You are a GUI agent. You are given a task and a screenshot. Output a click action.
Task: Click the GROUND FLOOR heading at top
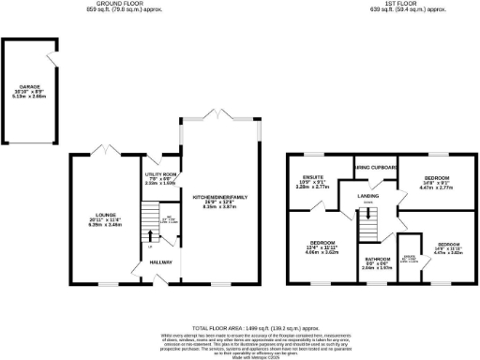click(107, 4)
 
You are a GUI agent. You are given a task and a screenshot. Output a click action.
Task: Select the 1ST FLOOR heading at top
click(381, 4)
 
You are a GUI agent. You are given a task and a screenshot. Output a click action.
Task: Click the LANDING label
click(367, 197)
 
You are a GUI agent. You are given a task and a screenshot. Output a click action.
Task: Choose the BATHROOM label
click(378, 259)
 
